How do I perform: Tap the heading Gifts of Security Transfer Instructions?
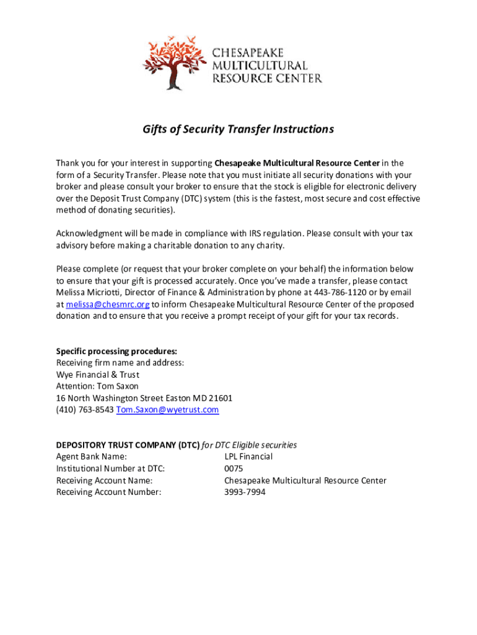239,129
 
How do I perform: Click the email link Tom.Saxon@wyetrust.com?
167,410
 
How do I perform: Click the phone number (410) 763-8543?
85,410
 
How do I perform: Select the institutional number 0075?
234,469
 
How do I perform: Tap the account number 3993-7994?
245,492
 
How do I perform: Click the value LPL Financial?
248,457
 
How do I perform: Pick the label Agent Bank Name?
92,457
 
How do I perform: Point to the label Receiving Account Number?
109,492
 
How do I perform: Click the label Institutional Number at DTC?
111,469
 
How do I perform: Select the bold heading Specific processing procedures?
112,351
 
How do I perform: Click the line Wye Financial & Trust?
98,375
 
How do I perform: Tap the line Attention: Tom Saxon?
97,386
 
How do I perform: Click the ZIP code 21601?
220,398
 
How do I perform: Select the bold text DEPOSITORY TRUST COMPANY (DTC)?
128,445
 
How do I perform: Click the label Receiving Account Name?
105,481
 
